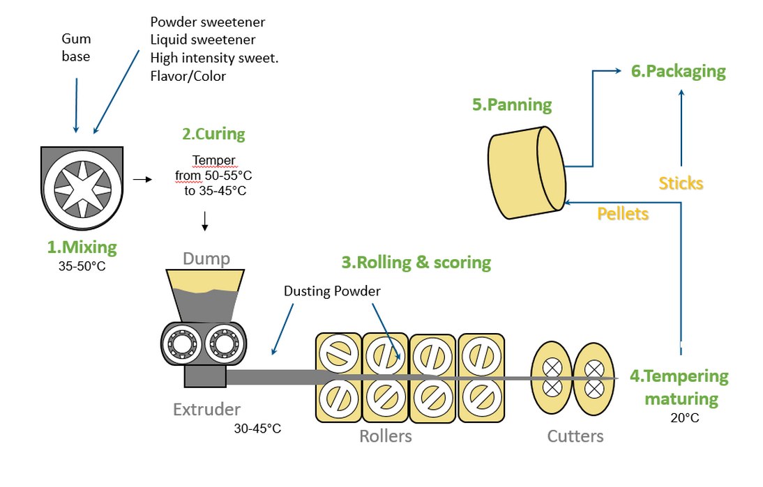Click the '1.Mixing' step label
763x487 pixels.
coord(82,247)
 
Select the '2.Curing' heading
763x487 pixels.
coord(213,133)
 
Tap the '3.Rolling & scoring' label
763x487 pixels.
coord(416,263)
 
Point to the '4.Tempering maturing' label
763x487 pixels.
coord(680,387)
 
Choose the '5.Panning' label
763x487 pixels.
coord(512,105)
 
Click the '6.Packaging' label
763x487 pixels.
coord(678,71)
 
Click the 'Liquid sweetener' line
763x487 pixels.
coord(203,40)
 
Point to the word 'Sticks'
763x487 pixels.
coord(681,183)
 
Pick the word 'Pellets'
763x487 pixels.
coord(623,214)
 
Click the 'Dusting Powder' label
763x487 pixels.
coord(332,291)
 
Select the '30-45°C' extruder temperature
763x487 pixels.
coord(257,428)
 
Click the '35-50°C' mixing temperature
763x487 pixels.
coord(82,265)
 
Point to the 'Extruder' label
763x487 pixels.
coord(206,409)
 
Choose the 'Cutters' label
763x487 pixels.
coord(575,436)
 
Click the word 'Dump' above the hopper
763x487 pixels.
coord(206,259)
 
